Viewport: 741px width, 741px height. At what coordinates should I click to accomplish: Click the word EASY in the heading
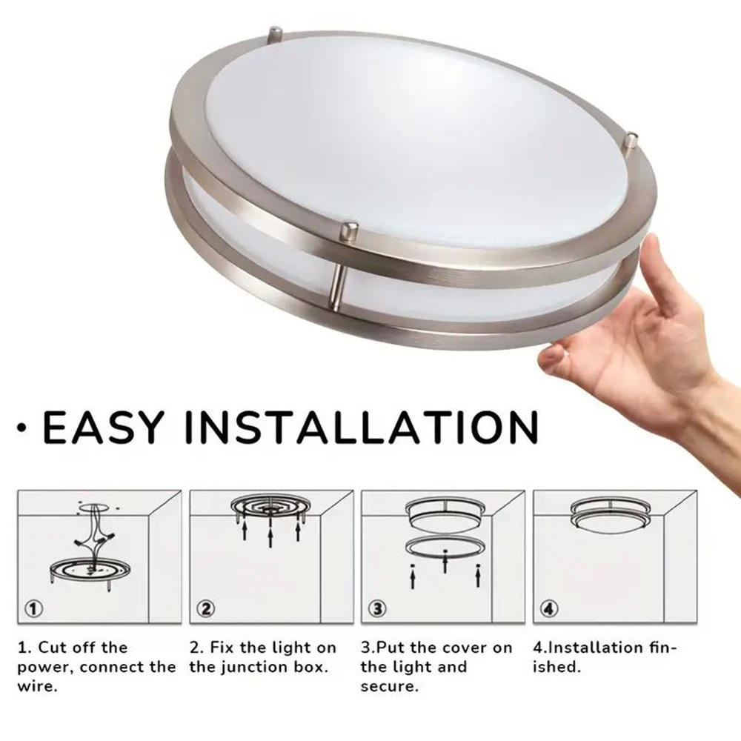point(104,427)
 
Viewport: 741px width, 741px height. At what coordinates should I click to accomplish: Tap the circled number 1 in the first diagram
point(33,608)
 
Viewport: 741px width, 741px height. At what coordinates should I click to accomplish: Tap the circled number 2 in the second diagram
point(206,608)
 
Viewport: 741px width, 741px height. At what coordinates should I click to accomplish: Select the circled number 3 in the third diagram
point(378,608)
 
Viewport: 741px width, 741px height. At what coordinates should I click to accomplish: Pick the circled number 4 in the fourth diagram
point(550,608)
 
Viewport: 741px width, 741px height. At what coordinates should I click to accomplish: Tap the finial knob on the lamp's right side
point(631,143)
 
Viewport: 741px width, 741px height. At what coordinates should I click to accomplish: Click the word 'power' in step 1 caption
point(45,668)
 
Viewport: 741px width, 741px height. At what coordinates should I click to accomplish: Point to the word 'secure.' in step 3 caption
point(390,687)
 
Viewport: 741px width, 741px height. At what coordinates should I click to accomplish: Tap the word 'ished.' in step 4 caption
point(556,668)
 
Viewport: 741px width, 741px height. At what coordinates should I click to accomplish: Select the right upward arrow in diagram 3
point(478,577)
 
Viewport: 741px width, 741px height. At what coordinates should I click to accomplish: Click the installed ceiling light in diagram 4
point(610,515)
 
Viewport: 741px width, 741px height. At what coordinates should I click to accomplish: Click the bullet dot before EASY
point(20,428)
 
